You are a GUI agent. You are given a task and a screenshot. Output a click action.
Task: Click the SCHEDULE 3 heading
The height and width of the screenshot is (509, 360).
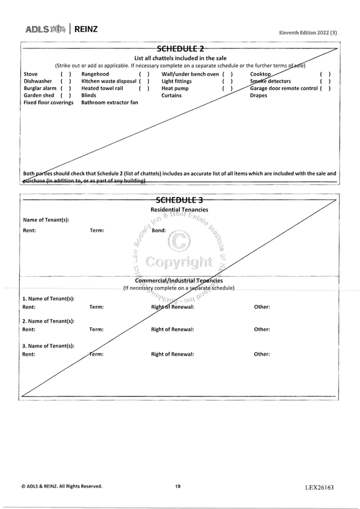click(x=179, y=200)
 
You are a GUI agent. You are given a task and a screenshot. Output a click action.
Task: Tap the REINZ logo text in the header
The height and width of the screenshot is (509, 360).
click(x=86, y=29)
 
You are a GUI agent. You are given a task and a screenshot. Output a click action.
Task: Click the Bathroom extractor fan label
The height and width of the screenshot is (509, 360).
click(x=109, y=102)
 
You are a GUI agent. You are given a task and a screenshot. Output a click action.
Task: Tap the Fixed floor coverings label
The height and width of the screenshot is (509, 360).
click(x=49, y=102)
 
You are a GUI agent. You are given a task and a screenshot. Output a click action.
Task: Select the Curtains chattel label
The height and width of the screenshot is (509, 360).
click(x=171, y=95)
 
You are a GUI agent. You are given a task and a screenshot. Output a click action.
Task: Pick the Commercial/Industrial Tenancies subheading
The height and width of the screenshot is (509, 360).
click(x=179, y=280)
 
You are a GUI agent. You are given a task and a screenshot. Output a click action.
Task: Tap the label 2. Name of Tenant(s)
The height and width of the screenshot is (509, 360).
click(x=48, y=321)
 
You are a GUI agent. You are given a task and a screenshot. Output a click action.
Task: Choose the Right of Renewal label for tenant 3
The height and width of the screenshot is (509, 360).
click(x=172, y=354)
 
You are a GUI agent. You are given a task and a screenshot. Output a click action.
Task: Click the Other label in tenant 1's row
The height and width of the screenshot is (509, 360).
click(x=262, y=307)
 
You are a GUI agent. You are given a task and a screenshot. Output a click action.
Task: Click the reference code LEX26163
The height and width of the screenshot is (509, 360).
click(x=319, y=487)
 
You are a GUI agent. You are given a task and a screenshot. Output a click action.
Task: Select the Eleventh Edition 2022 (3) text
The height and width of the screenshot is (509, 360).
click(x=308, y=33)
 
